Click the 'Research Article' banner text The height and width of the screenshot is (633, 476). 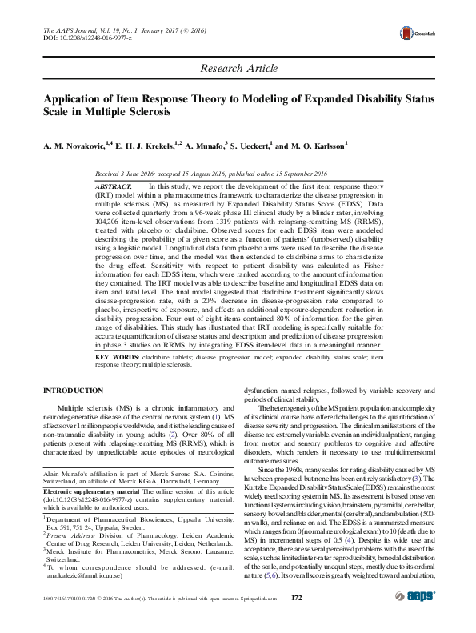237,70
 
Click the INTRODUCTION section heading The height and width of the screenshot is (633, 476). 74,390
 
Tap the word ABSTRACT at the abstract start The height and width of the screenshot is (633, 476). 114,186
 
